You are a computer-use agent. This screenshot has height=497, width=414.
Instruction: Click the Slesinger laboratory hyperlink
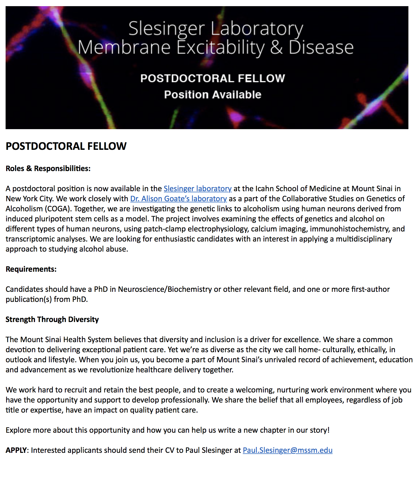coord(197,189)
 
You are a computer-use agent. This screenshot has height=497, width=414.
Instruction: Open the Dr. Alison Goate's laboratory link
coord(178,199)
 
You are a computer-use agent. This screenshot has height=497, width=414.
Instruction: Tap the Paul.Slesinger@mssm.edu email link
coord(288,450)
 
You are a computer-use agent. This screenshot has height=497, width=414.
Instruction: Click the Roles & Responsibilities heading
coord(48,169)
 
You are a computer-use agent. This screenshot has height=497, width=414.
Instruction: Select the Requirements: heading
coord(31,269)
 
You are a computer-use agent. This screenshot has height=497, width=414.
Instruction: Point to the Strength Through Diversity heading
coord(52,319)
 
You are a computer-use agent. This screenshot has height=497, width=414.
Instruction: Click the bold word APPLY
coord(16,450)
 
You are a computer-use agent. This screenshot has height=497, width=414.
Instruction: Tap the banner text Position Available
coord(213,95)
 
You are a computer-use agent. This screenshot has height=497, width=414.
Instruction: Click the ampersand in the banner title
coord(276,48)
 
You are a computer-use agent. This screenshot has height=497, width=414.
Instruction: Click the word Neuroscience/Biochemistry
coord(165,289)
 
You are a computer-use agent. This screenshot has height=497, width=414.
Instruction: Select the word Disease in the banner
coord(321,48)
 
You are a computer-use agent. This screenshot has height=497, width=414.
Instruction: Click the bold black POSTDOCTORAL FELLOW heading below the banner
coord(66,146)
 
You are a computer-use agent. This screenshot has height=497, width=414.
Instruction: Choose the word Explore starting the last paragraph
coord(18,430)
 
